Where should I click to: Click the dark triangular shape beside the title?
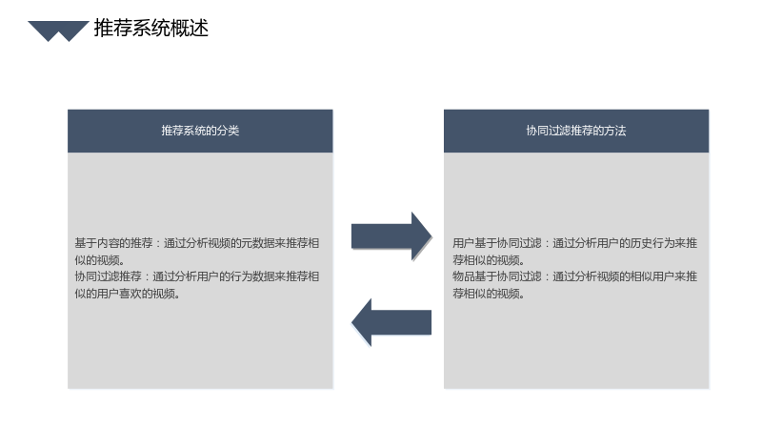click(x=58, y=30)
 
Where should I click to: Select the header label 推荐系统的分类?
click(x=200, y=131)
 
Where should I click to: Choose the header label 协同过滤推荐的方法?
click(x=576, y=131)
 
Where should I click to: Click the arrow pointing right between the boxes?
click(x=391, y=236)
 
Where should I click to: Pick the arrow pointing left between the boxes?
click(x=391, y=322)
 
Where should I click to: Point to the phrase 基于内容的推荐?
click(x=113, y=243)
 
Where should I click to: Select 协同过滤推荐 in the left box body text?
click(x=108, y=276)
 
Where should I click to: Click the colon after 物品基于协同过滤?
click(x=547, y=276)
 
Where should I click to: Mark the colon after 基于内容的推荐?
click(x=158, y=243)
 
